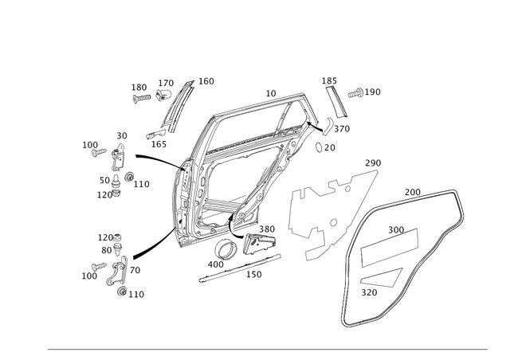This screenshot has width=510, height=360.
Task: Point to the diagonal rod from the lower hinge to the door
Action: click(151, 243)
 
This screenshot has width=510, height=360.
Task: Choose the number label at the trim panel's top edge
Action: click(412, 191)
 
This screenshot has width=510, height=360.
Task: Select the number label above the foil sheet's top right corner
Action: click(369, 162)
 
